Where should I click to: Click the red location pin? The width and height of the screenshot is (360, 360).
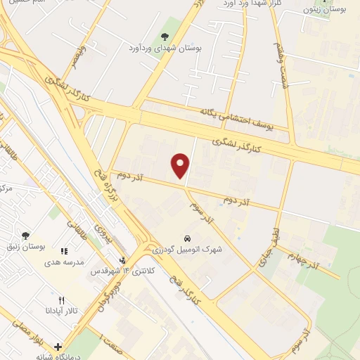click(x=181, y=165)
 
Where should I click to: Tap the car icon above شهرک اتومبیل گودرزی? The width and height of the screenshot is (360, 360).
click(x=187, y=238)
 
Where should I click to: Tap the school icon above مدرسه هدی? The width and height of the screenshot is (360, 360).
click(x=64, y=250)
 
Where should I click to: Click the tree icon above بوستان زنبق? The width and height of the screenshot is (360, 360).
click(x=26, y=236)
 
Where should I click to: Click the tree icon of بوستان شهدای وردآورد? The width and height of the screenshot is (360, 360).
click(x=165, y=37)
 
